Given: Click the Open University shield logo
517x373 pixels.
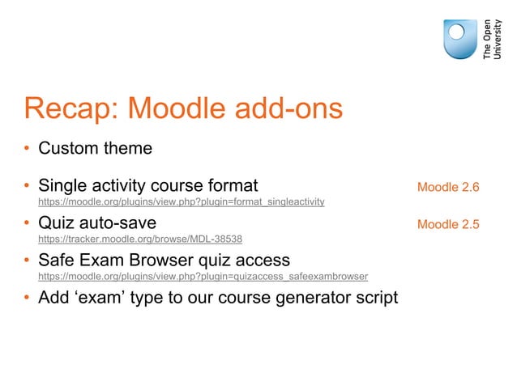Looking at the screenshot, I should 459,39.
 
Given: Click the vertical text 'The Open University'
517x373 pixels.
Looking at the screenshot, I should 492,39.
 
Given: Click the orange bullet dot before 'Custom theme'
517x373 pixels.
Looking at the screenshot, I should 27,150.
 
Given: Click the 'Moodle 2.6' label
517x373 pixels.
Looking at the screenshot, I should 448,188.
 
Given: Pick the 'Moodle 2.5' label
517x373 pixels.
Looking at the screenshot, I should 448,224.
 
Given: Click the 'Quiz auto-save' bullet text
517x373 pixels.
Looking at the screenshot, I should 97,223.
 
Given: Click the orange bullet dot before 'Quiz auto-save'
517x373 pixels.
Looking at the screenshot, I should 27,224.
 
